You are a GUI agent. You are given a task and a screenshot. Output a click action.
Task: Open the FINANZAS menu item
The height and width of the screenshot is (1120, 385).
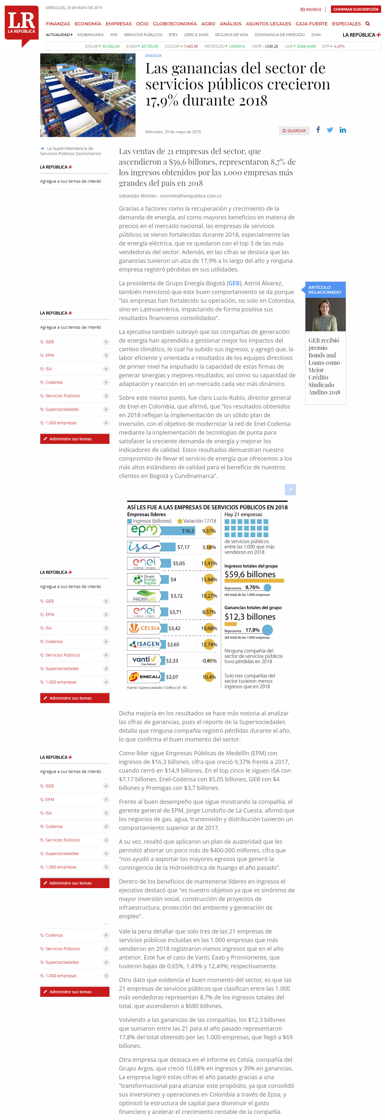tap(58, 24)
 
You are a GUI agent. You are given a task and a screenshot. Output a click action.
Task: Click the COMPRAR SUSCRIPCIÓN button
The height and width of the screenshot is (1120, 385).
tap(355, 9)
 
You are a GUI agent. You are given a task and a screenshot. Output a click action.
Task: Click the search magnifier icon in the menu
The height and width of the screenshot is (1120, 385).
tap(368, 24)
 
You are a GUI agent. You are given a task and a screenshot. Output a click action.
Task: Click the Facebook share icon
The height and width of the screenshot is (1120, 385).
tap(318, 130)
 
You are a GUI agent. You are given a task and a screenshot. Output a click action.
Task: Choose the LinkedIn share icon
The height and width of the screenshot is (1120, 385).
tap(343, 130)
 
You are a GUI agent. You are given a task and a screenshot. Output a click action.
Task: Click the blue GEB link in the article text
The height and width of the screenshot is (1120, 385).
tap(234, 283)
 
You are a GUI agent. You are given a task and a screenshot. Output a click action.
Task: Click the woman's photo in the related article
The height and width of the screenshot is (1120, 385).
tap(325, 314)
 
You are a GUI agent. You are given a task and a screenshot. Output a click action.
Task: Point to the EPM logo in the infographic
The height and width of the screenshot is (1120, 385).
tap(144, 530)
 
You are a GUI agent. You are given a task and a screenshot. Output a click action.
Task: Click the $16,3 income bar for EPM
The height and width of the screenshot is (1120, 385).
tap(178, 531)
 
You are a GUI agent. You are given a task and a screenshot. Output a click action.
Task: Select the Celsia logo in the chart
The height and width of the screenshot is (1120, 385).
tap(144, 628)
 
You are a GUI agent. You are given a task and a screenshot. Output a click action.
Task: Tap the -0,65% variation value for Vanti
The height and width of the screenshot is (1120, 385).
tap(209, 660)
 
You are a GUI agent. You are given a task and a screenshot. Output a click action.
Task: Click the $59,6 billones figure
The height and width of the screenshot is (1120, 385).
tap(250, 574)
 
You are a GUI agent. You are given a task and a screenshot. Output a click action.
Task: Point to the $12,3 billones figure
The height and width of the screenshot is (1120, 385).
tap(250, 617)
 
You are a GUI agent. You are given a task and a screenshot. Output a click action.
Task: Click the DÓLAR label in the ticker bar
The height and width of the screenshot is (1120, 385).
tap(92, 46)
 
